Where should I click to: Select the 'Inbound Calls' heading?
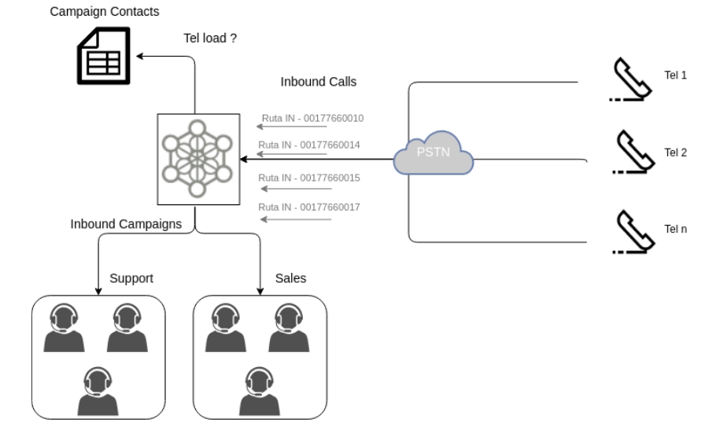click(319, 81)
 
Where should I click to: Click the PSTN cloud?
click(434, 152)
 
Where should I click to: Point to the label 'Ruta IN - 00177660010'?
click(312, 118)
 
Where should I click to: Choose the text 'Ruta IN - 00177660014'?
click(309, 145)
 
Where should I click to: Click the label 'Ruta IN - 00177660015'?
click(309, 178)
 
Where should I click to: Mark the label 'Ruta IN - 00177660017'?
click(309, 207)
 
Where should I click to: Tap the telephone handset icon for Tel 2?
click(632, 152)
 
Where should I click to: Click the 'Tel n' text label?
click(676, 229)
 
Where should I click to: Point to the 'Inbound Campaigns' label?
click(126, 224)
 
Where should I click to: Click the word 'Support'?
click(131, 279)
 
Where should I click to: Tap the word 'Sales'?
click(290, 279)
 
